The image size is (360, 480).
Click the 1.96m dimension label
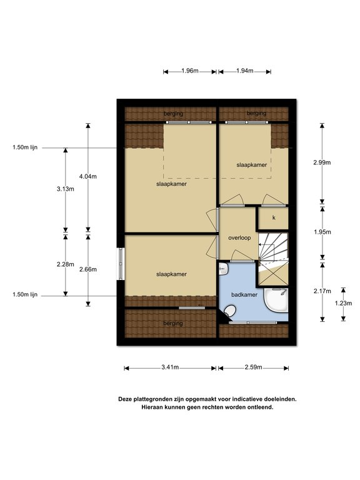tap(190, 71)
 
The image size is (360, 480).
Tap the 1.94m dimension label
tap(245, 71)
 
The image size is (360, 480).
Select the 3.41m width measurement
tap(170, 367)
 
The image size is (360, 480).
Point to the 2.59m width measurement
tap(254, 367)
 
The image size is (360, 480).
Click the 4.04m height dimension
tap(88, 176)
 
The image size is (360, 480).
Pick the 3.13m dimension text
tap(65, 189)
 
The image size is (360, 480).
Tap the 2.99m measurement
tap(322, 162)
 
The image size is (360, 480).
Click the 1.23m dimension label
tap(343, 303)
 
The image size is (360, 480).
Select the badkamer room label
tap(244, 295)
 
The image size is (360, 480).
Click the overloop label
tap(239, 238)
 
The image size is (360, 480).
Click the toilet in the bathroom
tap(229, 311)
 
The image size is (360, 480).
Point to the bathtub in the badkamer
tap(277, 301)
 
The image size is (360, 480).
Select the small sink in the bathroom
tap(224, 269)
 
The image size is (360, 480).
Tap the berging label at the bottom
tap(173, 323)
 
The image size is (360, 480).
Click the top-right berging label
tap(256, 113)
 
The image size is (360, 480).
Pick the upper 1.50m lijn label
tap(25, 147)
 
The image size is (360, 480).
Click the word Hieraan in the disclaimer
tap(152, 407)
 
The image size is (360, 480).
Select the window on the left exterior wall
tap(121, 263)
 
